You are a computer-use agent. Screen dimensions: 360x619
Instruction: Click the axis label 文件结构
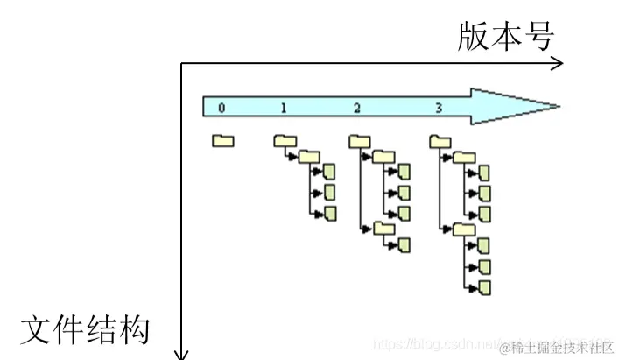(x=85, y=329)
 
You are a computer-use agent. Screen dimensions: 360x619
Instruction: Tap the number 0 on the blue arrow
(x=222, y=108)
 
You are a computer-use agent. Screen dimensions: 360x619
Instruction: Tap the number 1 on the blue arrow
(x=284, y=108)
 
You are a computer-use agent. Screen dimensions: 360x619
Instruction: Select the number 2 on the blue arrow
(x=357, y=108)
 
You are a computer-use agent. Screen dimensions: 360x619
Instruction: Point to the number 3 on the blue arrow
(x=438, y=108)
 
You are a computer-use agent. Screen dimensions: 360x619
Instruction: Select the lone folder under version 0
(x=222, y=140)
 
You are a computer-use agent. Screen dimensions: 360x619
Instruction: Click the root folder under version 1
(x=285, y=140)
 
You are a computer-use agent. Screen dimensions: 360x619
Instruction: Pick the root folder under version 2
(x=360, y=140)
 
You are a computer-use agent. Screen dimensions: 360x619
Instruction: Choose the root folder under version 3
(x=440, y=140)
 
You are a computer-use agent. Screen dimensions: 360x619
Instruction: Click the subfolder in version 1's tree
(x=308, y=156)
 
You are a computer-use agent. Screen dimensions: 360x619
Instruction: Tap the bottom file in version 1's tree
(x=330, y=213)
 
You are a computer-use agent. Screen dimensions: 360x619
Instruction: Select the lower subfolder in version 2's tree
(x=384, y=228)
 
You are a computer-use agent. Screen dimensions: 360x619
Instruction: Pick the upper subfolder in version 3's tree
(x=464, y=157)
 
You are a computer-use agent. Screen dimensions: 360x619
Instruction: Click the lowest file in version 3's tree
(x=484, y=286)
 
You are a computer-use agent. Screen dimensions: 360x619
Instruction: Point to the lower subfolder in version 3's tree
(x=464, y=229)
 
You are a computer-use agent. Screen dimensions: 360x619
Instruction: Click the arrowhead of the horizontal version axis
(x=558, y=62)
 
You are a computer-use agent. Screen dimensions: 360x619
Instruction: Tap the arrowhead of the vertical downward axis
(x=181, y=354)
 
